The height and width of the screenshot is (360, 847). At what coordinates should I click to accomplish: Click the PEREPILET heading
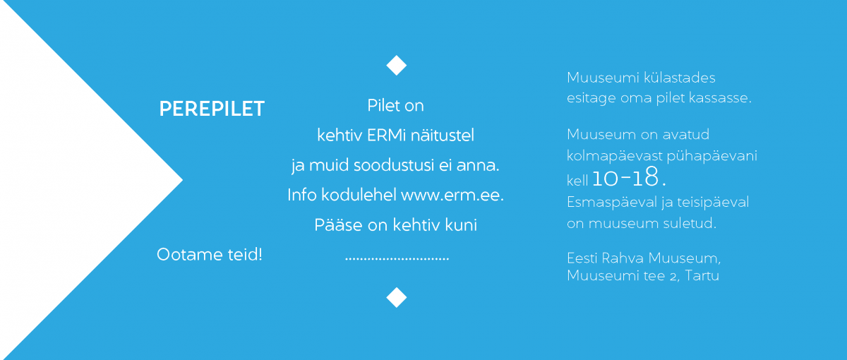coord(212,109)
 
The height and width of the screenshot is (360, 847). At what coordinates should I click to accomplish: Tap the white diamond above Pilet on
coord(396,66)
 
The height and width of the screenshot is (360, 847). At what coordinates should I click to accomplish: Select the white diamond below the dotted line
coord(396,297)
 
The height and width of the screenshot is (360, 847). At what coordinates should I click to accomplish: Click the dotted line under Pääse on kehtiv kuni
coord(397,259)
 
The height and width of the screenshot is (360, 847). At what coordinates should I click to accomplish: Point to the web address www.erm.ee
coord(452,195)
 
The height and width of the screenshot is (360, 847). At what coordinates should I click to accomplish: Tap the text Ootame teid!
coord(210,255)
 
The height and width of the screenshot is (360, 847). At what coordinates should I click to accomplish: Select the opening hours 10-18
coord(629,177)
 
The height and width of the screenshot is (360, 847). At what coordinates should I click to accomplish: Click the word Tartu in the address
coord(702,275)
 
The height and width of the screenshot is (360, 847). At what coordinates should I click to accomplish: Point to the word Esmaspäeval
coord(612,203)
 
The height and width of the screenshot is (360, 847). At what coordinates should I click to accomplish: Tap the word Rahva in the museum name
coord(623,258)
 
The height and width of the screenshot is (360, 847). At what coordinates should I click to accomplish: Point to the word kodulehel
coord(359,195)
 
